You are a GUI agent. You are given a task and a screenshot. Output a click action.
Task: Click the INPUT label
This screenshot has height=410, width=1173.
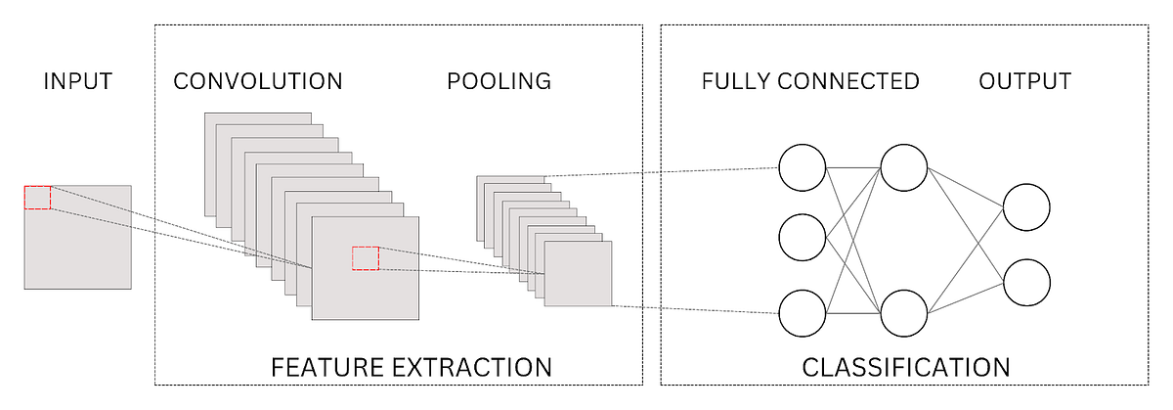coord(77,81)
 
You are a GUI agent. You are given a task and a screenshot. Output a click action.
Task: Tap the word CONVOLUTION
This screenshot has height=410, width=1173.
coord(258,81)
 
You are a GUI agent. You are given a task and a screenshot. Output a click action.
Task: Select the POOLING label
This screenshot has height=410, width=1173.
coord(499,81)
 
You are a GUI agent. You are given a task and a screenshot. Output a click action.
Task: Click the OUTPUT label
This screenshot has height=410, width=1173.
coord(1024,81)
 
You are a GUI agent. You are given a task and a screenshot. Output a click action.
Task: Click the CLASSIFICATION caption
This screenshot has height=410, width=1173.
coord(905,368)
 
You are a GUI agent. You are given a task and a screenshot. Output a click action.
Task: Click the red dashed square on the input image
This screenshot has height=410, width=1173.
coord(37,197)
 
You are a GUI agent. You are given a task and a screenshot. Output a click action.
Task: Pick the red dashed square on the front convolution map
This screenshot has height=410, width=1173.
coord(365,258)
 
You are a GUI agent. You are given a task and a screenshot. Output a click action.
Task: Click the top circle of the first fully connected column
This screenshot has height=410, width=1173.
coord(803,168)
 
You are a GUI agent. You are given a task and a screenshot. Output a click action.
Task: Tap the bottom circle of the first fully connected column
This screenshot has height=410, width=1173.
coord(803,313)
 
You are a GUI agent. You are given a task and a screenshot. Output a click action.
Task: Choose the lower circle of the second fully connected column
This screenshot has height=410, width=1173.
coord(903,313)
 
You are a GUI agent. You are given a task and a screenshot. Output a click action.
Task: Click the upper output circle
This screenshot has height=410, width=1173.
coord(1026,207)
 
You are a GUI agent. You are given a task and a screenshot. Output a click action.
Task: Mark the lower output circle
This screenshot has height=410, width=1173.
coord(1026,282)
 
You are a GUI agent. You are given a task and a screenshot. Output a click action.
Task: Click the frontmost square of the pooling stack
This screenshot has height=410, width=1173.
coord(578,274)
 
